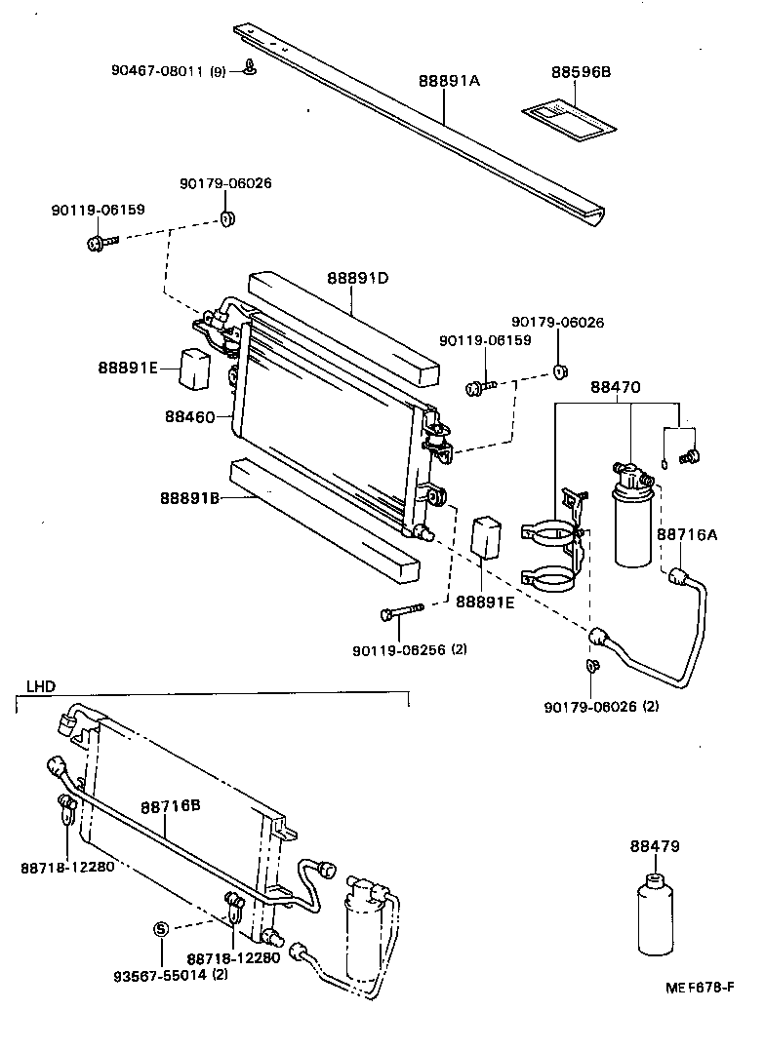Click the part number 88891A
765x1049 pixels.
pyautogui.click(x=449, y=82)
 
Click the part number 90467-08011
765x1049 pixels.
pyautogui.click(x=156, y=70)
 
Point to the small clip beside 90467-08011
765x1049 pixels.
pyautogui.click(x=250, y=68)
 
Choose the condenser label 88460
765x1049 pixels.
pyautogui.click(x=189, y=416)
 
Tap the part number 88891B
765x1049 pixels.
pyautogui.click(x=189, y=498)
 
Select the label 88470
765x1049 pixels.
pyautogui.click(x=615, y=387)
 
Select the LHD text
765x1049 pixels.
pyautogui.click(x=39, y=686)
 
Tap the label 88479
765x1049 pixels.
pyautogui.click(x=654, y=846)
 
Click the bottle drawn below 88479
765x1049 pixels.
pyautogui.click(x=654, y=916)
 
